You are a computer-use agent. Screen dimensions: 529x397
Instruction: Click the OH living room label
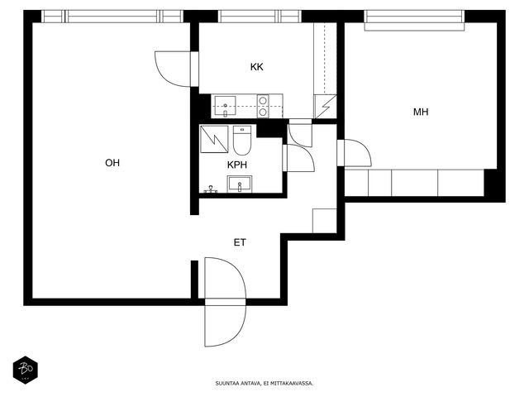[x=112, y=163]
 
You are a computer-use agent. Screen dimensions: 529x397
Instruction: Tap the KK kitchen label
[x=257, y=67]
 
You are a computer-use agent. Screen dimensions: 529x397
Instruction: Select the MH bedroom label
[x=421, y=112]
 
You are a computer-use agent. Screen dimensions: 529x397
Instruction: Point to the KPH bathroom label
[x=237, y=165]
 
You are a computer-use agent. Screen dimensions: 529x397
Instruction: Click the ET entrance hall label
[x=240, y=242]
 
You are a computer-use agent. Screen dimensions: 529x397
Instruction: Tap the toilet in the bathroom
[x=242, y=140]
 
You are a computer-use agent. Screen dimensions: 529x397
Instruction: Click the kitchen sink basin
[x=225, y=106]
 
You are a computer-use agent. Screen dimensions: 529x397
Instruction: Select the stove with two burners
[x=263, y=106]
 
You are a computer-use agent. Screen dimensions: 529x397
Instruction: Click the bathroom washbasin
[x=240, y=184]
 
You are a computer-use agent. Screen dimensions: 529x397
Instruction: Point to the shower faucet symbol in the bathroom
[x=211, y=189]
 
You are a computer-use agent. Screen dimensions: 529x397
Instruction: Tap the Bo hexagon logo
[x=26, y=370]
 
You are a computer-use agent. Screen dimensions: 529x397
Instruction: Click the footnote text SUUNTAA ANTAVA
[x=238, y=384]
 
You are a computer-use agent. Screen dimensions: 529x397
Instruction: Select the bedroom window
[x=414, y=20]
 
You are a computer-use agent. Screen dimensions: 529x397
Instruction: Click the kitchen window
[x=260, y=17]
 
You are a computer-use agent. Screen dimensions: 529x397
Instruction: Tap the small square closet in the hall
[x=325, y=221]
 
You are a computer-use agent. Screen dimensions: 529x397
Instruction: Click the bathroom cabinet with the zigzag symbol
[x=214, y=139]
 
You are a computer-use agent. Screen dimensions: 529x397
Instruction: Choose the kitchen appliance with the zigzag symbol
[x=325, y=107]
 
